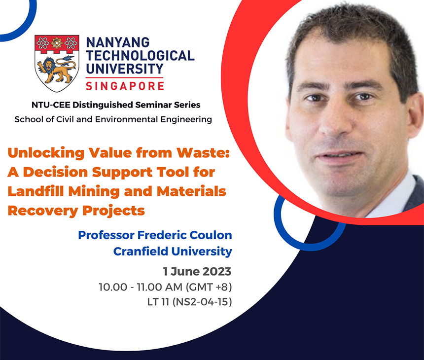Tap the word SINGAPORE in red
125,86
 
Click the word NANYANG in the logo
118,43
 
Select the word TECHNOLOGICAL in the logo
140,56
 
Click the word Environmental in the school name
127,119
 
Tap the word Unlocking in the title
46,153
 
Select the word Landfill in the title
36,191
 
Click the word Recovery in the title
43,211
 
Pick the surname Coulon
211,235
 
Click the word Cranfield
141,252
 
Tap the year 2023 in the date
217,271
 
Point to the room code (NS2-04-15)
202,302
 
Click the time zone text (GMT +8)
209,287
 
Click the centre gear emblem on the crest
57,43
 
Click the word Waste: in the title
203,152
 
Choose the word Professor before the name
106,235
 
